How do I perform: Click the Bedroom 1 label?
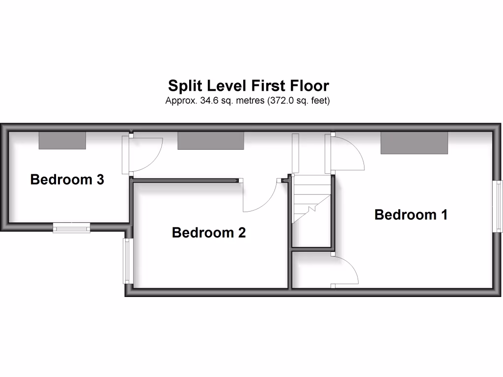(x=411, y=215)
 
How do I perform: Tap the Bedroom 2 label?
(x=209, y=233)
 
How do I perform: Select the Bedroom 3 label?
(x=67, y=180)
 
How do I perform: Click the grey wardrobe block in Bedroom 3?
(x=62, y=140)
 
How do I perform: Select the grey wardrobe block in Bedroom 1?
(x=415, y=143)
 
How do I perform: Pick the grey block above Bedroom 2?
(x=211, y=141)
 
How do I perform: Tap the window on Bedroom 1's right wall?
(x=499, y=205)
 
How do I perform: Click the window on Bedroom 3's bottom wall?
(x=72, y=227)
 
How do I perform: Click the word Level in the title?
(x=226, y=86)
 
